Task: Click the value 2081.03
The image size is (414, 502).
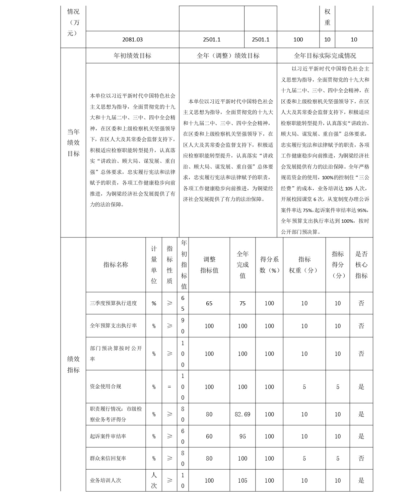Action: pos(132,39)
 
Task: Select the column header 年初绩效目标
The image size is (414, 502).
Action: pos(132,56)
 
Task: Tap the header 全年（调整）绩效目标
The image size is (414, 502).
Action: pos(228,56)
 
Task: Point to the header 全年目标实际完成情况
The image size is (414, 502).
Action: pos(325,56)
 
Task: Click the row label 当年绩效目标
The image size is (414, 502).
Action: pos(73,142)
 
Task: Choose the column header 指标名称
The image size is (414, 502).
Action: pos(116,265)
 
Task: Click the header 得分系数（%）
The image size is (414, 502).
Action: pos(269,265)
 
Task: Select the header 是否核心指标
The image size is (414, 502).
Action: pos(361,265)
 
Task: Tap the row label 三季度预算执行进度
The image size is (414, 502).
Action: pos(113,303)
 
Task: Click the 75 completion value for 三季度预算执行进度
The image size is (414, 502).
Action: pos(243,303)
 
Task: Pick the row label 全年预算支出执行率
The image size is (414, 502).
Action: pos(113,326)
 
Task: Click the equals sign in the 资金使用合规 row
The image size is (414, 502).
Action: pos(169,387)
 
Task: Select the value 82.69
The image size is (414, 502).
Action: pos(243,414)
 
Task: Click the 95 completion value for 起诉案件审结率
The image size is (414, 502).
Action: pos(243,436)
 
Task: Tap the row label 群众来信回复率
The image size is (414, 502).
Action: pos(108,459)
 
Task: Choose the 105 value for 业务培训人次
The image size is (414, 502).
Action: pos(243,481)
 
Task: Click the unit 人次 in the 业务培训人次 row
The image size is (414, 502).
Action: pos(154,480)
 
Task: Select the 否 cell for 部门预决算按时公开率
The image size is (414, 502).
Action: pos(361,354)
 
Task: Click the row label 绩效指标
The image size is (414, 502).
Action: pos(73,364)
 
